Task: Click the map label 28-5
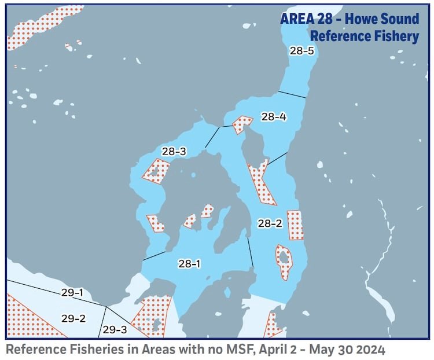pyautogui.click(x=301, y=51)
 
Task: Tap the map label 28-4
pyautogui.click(x=274, y=117)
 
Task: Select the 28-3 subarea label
pyautogui.click(x=174, y=152)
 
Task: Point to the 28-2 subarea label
pyautogui.click(x=270, y=223)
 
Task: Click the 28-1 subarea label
pyautogui.click(x=189, y=264)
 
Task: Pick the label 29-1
pyautogui.click(x=72, y=293)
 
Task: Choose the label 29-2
pyautogui.click(x=73, y=318)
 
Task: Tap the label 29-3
pyautogui.click(x=115, y=330)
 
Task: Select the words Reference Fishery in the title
pyautogui.click(x=364, y=36)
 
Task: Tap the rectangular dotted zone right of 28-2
pyautogui.click(x=295, y=225)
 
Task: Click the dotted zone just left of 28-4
pyautogui.click(x=242, y=124)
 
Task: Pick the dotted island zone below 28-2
pyautogui.click(x=284, y=261)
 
